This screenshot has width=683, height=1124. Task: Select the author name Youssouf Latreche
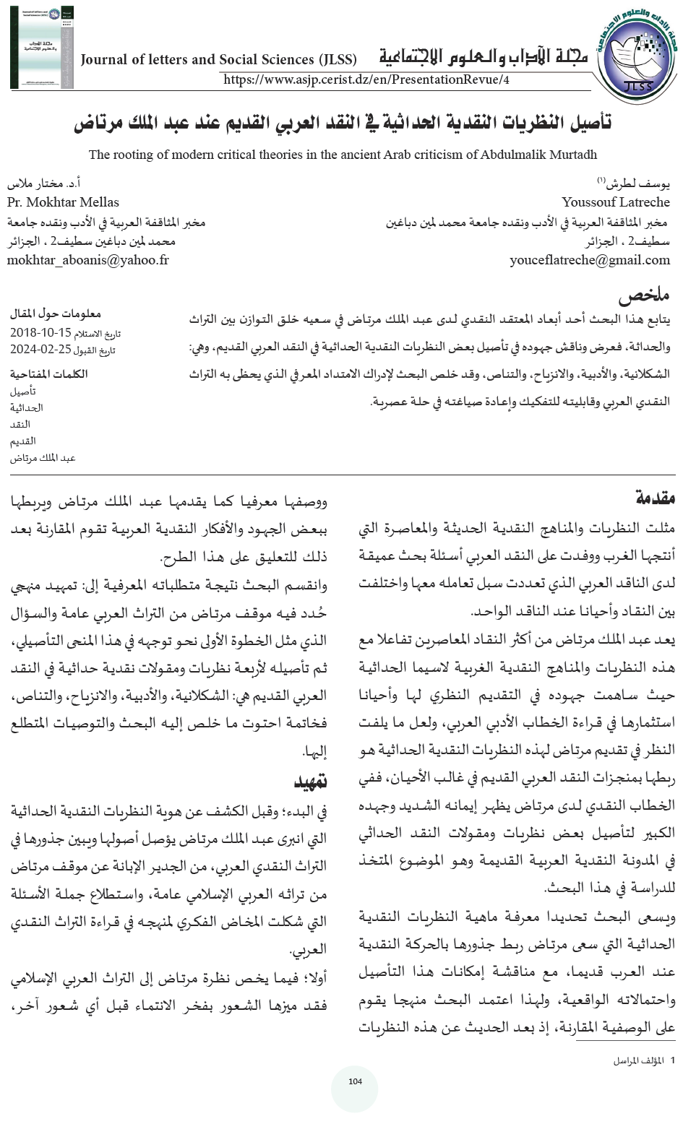(615, 202)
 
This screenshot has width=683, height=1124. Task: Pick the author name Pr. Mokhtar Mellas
(63, 202)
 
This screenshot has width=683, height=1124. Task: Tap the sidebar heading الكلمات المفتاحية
(49, 374)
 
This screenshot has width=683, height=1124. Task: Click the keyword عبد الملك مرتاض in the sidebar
(43, 458)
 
